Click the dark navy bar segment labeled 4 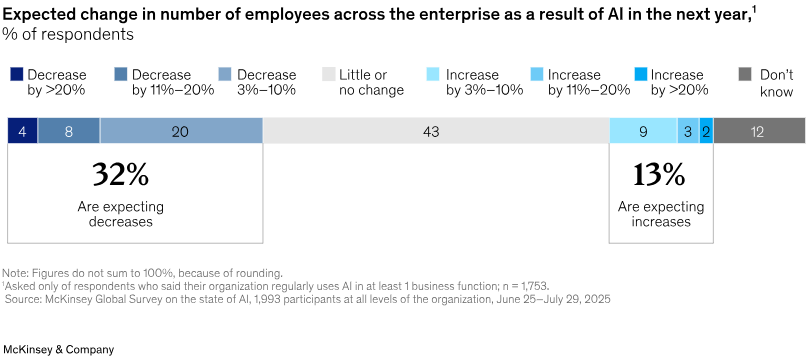[x=22, y=131]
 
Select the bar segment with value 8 [x=68, y=131]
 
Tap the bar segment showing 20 [x=180, y=131]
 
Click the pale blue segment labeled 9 [x=643, y=131]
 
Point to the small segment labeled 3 [x=688, y=131]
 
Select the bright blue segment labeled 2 [x=706, y=131]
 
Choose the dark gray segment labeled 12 [x=758, y=131]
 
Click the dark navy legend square [x=17, y=74]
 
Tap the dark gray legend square [x=745, y=74]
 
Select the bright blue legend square [x=641, y=74]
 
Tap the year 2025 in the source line [x=596, y=299]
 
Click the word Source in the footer [x=24, y=299]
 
